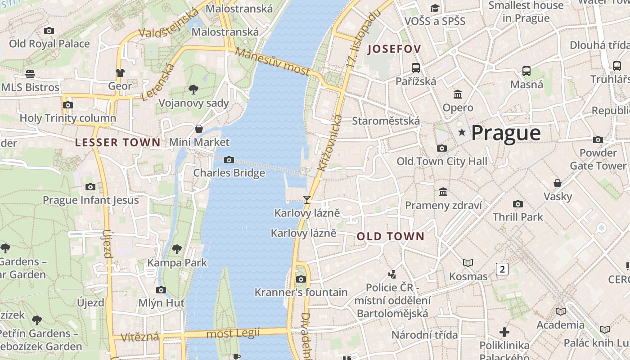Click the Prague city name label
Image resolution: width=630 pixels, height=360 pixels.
pyautogui.click(x=506, y=133)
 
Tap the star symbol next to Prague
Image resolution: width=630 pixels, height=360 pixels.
pyautogui.click(x=461, y=132)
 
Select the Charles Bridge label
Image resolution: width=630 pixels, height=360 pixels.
pyautogui.click(x=229, y=173)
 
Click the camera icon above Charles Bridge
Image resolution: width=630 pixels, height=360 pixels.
pyautogui.click(x=229, y=160)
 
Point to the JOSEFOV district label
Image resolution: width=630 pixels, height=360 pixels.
pyautogui.click(x=394, y=49)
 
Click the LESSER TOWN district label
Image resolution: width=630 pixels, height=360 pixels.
pyautogui.click(x=117, y=143)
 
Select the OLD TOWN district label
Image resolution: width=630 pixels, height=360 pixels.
pyautogui.click(x=391, y=236)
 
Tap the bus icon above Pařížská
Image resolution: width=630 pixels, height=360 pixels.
pyautogui.click(x=416, y=68)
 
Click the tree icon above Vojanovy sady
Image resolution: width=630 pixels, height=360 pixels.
pyautogui.click(x=193, y=90)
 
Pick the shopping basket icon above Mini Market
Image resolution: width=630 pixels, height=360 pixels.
pyautogui.click(x=199, y=129)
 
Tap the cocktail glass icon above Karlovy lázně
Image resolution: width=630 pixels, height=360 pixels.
pyautogui.click(x=307, y=199)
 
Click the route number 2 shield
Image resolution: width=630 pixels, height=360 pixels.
pyautogui.click(x=502, y=269)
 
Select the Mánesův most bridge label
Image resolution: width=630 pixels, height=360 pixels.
pyautogui.click(x=273, y=62)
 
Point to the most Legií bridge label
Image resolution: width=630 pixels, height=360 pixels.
pyautogui.click(x=233, y=333)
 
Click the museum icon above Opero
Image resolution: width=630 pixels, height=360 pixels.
pyautogui.click(x=458, y=94)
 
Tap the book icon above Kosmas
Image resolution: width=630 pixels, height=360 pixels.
pyautogui.click(x=468, y=263)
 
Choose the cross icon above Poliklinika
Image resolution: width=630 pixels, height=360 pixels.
pyautogui.click(x=504, y=332)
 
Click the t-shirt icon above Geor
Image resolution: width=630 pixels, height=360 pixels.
pyautogui.click(x=120, y=72)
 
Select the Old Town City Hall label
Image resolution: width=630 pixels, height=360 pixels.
pyautogui.click(x=442, y=161)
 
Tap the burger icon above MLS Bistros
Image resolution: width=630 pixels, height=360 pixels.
pyautogui.click(x=30, y=74)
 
